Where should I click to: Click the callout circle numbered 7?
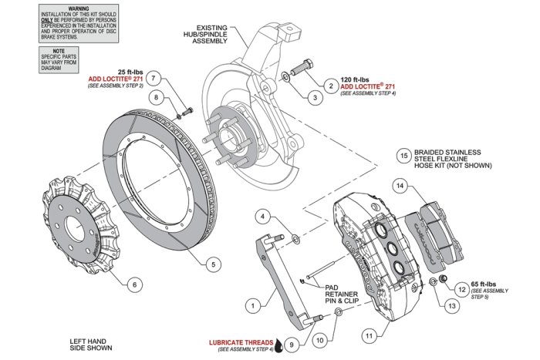[x=154, y=79]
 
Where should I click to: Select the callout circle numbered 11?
[x=370, y=336]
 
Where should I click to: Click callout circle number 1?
[x=251, y=306]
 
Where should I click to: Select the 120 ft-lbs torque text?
[x=356, y=79]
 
